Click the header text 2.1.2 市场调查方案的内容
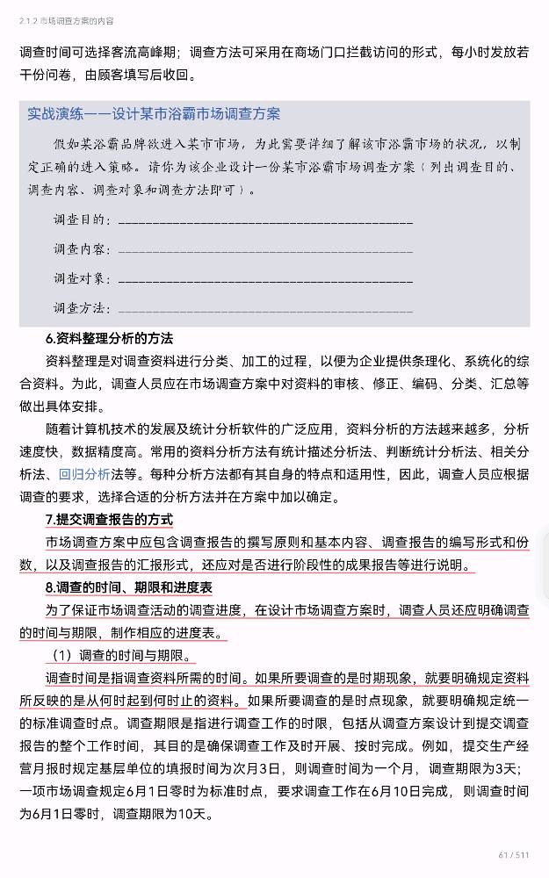[66, 18]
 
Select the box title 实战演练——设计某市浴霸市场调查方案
[154, 114]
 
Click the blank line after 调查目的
[264, 220]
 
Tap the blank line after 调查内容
[264, 250]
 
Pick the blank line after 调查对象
[264, 279]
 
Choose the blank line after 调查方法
[264, 308]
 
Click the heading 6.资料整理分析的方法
[109, 338]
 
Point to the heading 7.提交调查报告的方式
[109, 519]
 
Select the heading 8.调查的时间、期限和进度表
[128, 587]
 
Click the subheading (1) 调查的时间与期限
[119, 656]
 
